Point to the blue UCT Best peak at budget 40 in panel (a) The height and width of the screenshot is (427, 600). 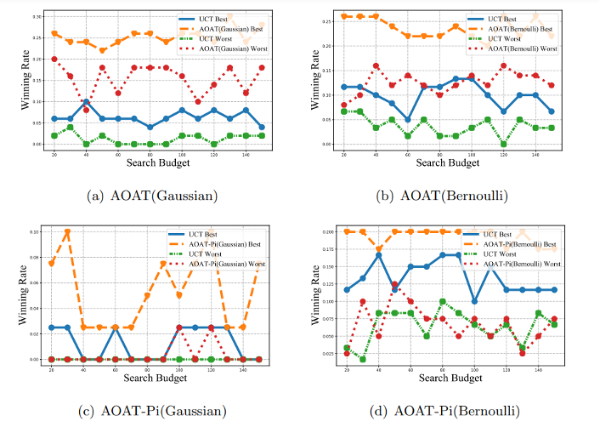click(x=86, y=101)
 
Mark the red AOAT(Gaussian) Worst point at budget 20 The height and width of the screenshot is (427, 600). click(x=55, y=60)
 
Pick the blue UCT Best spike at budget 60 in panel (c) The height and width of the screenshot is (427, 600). click(x=116, y=327)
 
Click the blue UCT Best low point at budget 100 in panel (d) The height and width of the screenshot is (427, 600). click(x=473, y=301)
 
